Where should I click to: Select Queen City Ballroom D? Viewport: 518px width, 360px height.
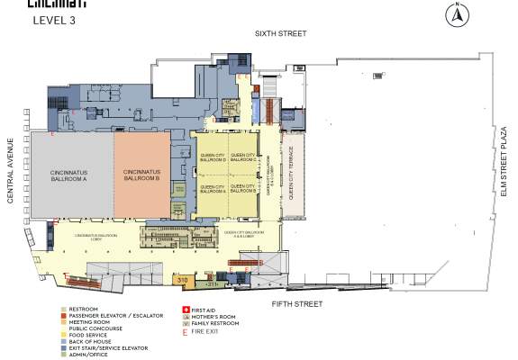(x=212, y=159)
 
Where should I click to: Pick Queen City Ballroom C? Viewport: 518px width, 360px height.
(x=243, y=159)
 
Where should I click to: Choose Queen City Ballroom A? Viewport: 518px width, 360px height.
(x=212, y=189)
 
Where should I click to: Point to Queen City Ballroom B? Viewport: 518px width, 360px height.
(x=243, y=189)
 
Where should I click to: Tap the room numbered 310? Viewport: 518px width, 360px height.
(x=182, y=281)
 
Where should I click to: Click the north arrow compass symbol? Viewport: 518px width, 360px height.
(x=456, y=13)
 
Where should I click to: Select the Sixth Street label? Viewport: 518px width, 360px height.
(x=280, y=33)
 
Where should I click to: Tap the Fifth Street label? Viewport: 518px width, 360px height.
(x=296, y=305)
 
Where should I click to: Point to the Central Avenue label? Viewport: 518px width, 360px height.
(x=12, y=170)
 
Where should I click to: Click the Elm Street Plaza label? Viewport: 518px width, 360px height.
(x=505, y=162)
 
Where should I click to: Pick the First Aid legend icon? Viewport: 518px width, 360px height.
(x=186, y=310)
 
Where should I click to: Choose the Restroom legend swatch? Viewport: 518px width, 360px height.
(x=61, y=310)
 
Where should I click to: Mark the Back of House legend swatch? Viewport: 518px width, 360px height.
(x=61, y=342)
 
